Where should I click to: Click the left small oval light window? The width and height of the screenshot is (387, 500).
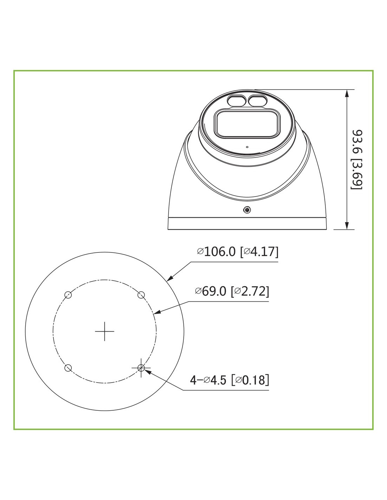tap(237, 101)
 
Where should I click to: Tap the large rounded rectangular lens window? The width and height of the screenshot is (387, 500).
tap(247, 124)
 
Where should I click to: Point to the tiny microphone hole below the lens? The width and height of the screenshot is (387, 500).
tap(247, 147)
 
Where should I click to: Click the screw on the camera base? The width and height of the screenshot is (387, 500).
tap(247, 210)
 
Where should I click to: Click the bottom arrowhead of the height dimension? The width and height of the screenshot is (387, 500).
tap(347, 225)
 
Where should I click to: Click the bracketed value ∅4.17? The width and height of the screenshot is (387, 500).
tap(259, 251)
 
